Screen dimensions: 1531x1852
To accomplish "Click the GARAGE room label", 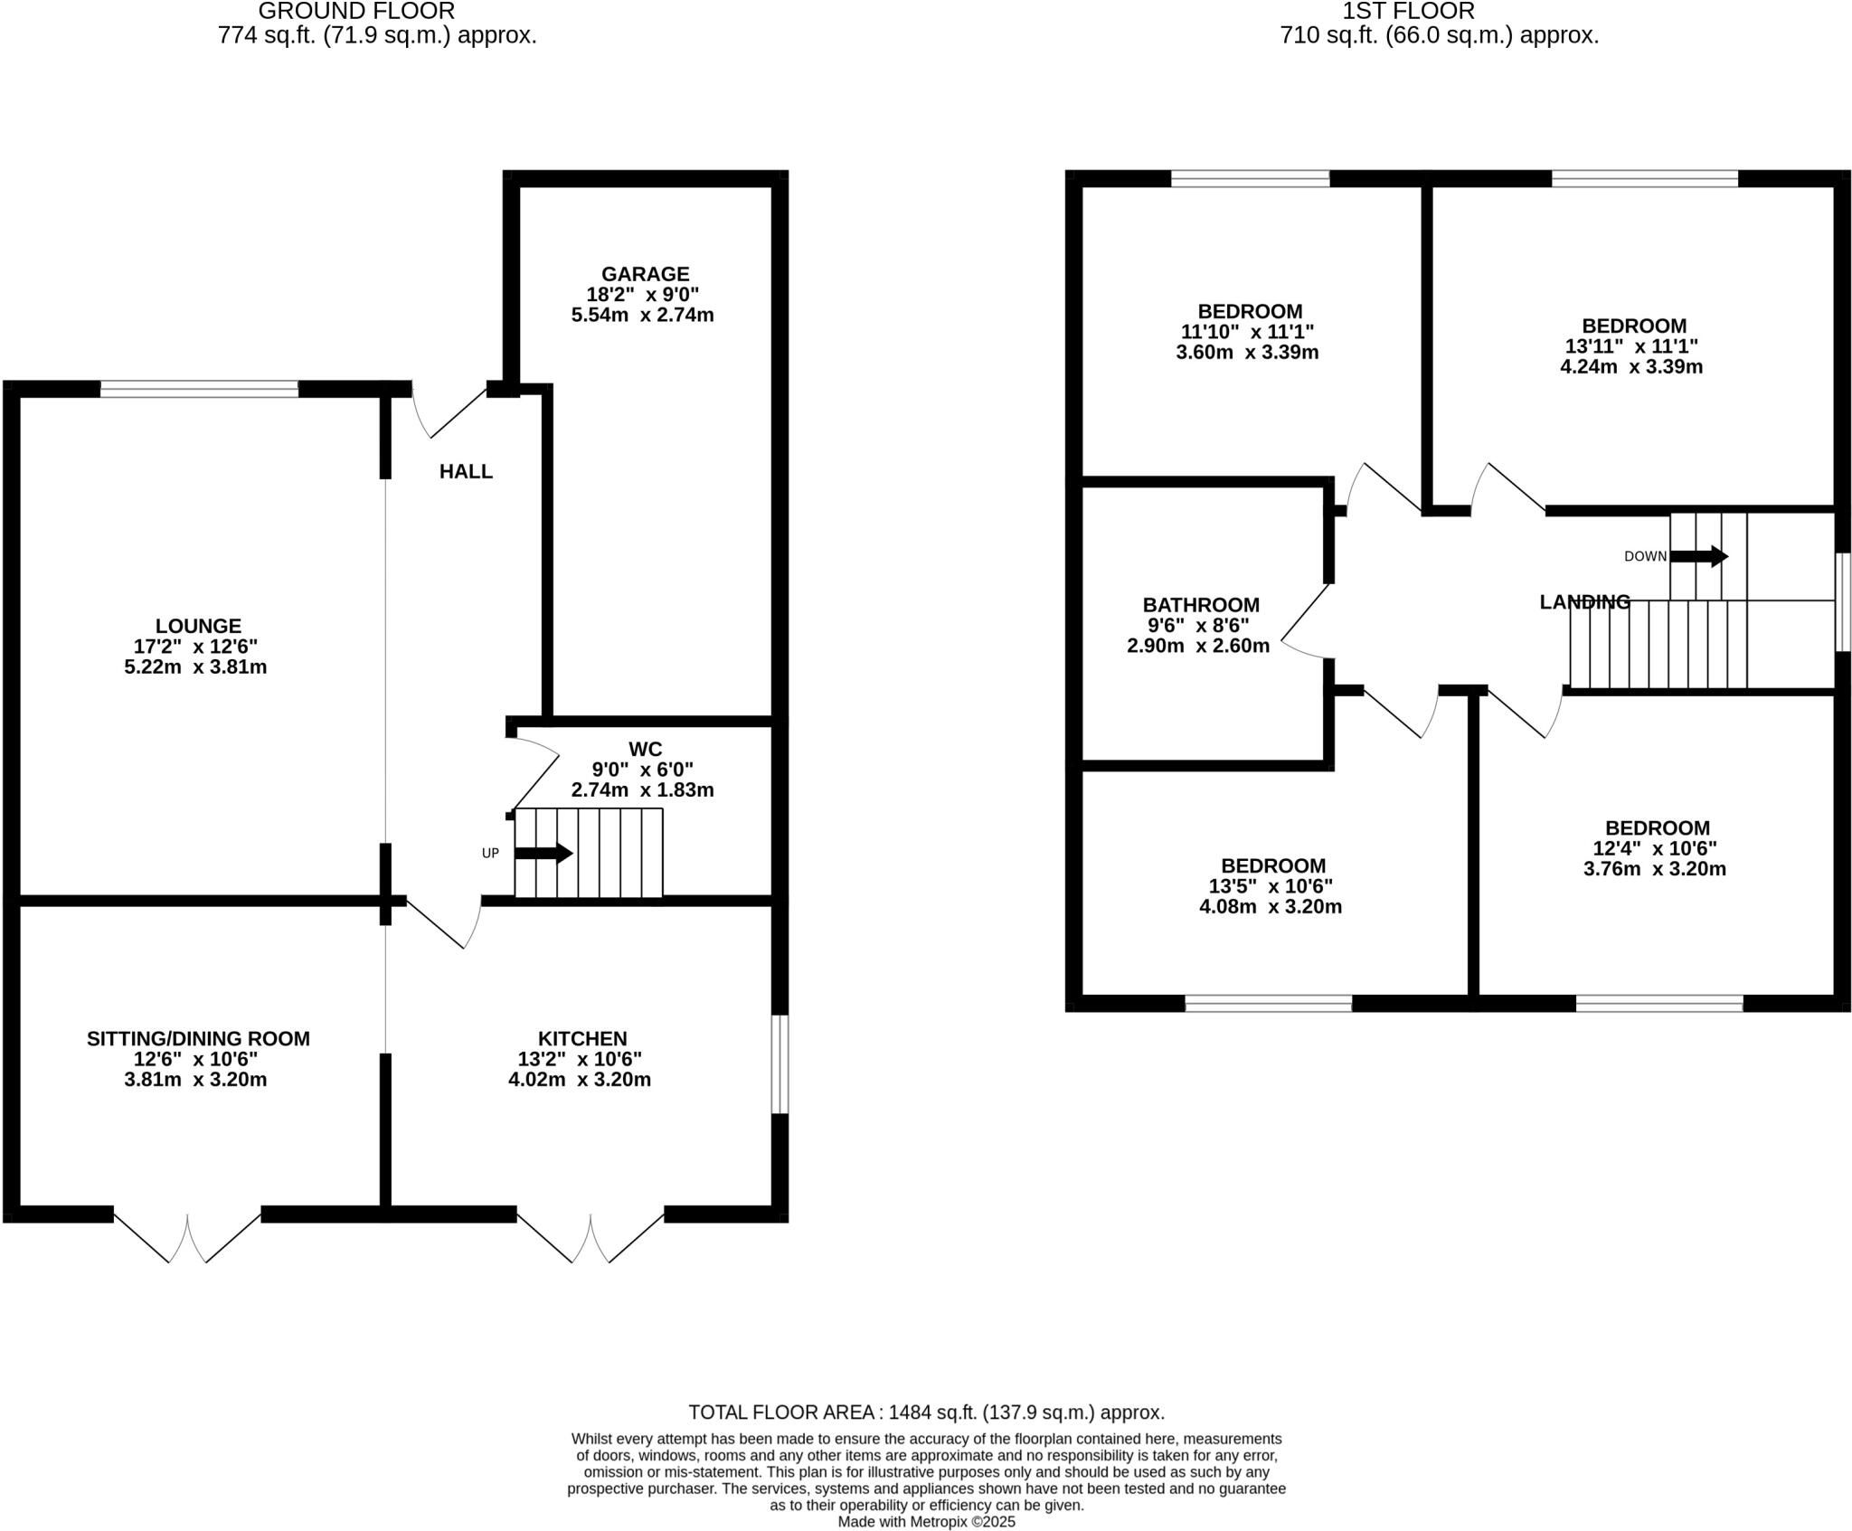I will coord(645,274).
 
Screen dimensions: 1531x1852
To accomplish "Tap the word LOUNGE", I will coord(198,626).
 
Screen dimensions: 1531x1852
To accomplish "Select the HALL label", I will coord(466,471).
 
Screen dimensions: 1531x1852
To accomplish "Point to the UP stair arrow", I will coord(543,853).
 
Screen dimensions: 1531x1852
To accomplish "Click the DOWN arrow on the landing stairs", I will coord(1698,556).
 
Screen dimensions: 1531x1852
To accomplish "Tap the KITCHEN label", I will coord(582,1039).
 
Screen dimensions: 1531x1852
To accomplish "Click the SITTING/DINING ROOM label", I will coord(198,1039).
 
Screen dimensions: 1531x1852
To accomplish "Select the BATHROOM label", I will coord(1201,605).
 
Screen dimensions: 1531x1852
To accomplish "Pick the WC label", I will coord(645,749).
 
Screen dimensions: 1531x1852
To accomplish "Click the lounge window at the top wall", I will coord(199,390).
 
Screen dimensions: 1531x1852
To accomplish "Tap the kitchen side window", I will coord(780,1063).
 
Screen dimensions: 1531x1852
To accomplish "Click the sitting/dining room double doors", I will coord(187,1235).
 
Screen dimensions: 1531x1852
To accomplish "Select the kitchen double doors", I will coord(591,1235).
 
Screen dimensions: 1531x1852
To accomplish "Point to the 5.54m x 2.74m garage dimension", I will coord(642,316).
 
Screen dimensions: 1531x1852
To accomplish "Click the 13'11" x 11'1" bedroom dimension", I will coord(1631,346).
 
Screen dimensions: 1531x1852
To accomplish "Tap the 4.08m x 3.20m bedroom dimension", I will coord(1270,907).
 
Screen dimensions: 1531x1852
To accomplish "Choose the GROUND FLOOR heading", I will coord(356,12).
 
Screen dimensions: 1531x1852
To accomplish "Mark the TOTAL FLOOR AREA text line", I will coord(926,1413).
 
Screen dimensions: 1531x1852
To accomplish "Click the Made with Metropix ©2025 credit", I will coord(926,1522).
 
